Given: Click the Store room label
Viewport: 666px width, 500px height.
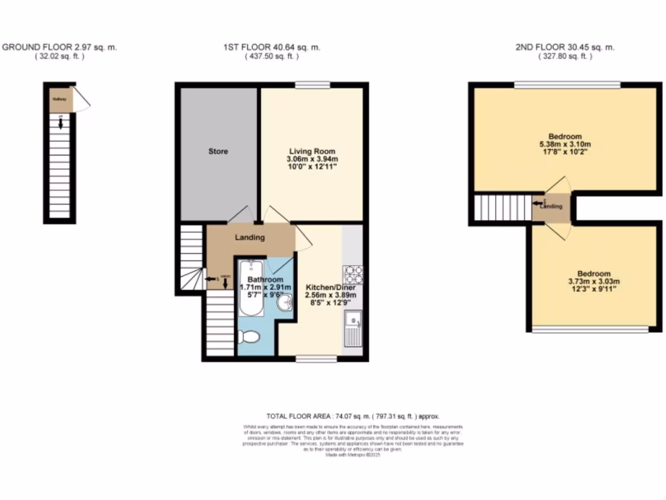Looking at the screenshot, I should coord(218,152).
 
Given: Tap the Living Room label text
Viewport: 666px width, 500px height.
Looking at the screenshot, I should coord(310,151).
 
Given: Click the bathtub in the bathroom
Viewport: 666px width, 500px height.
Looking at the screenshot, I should coord(250,286).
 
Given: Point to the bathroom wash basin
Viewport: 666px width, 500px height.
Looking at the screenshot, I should coord(284,303).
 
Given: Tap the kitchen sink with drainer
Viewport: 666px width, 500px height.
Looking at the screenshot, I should coord(353,329).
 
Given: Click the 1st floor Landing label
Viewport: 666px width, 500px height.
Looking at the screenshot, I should coord(250,238).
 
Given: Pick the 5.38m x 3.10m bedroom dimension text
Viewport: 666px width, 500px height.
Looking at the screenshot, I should coord(565,145).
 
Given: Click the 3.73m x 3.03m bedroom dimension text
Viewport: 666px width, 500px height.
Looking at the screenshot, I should coord(594,282).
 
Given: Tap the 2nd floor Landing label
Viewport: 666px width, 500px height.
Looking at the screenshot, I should coord(552,206).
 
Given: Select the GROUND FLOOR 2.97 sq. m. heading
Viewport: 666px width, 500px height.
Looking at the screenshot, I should coord(60,48).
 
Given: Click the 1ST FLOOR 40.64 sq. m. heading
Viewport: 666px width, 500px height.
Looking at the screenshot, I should coord(271,48).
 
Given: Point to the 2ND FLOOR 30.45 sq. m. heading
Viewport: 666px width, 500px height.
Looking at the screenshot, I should coord(565,48).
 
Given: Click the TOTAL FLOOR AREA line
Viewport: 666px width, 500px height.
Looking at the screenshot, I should coord(353,416).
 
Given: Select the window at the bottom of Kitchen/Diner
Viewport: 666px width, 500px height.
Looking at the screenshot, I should coord(317,359).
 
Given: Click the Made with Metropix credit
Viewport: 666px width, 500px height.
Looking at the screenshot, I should coord(353,455).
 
